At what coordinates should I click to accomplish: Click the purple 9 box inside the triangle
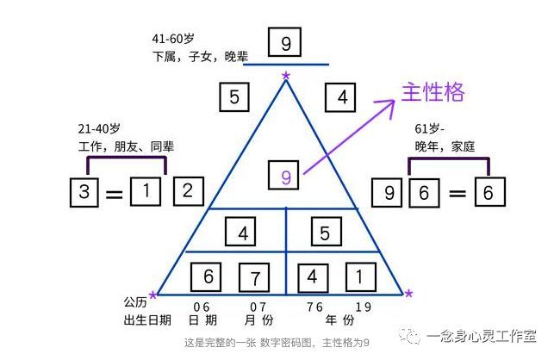tap(283, 175)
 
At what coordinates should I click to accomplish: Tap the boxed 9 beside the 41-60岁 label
tap(285, 42)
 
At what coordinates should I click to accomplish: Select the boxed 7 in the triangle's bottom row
tap(254, 277)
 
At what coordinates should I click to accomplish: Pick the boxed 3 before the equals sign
tap(84, 192)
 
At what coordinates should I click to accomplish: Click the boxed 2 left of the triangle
tap(189, 191)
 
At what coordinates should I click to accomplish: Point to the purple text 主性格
tap(433, 92)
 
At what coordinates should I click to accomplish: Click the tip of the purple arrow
tap(395, 100)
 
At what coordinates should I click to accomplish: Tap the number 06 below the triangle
tap(202, 307)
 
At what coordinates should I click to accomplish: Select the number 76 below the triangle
tap(314, 307)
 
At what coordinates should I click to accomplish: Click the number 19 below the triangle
tap(364, 307)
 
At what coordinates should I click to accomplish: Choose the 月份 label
tap(258, 320)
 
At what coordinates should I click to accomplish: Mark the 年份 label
tap(339, 320)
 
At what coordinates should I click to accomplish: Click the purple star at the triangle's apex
tap(286, 75)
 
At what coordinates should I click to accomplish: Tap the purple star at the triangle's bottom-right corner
tap(408, 293)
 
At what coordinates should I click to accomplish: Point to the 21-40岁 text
tap(99, 128)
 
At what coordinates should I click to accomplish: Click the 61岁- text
tap(429, 128)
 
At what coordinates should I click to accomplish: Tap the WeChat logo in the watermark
tap(409, 335)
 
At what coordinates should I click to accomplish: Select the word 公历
tap(135, 302)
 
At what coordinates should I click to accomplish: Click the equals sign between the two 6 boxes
tap(458, 193)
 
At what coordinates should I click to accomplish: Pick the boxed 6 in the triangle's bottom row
tap(206, 277)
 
